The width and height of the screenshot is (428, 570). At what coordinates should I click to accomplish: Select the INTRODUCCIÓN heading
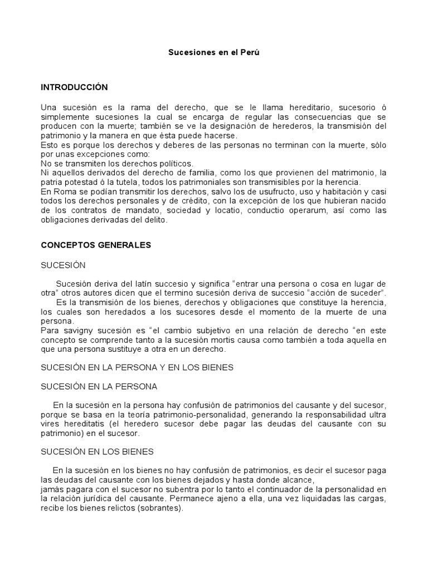(x=74, y=87)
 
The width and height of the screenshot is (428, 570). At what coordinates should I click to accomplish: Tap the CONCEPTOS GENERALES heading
(x=96, y=245)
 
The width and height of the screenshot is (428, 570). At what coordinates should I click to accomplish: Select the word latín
(x=148, y=284)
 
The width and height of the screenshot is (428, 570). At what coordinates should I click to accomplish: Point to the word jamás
(x=52, y=489)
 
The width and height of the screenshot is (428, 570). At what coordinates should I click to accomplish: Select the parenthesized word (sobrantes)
(x=158, y=508)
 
